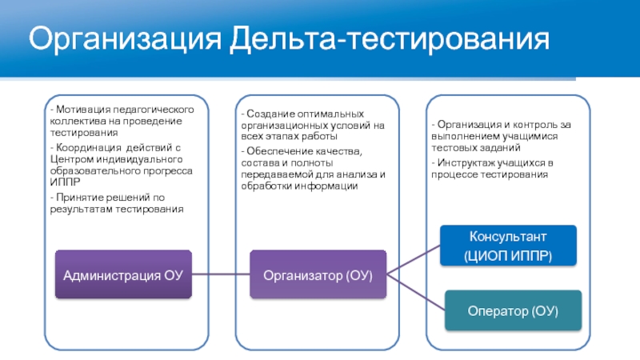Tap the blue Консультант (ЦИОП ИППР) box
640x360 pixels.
[508, 246]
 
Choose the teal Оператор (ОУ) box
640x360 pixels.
[512, 310]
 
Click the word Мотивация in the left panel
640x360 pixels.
[78, 108]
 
